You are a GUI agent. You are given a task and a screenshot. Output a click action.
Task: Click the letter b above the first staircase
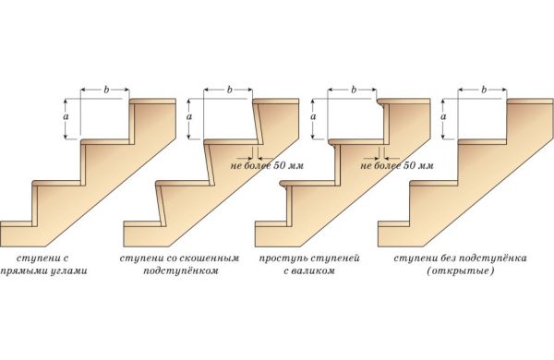[x=106, y=90]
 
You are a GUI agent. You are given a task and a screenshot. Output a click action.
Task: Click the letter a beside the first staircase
[x=66, y=116]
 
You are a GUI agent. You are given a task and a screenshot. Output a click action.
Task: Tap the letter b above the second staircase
[x=229, y=90]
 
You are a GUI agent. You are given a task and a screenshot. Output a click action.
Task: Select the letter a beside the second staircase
[x=189, y=116]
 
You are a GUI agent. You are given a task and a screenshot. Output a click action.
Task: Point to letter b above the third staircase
[x=354, y=90]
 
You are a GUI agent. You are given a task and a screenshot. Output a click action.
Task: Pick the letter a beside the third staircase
[x=313, y=116]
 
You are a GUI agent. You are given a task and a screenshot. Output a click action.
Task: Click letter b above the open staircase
[x=484, y=90]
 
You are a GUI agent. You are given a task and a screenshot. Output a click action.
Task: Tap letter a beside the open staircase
[x=444, y=116]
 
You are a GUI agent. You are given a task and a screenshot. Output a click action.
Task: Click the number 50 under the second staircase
[x=280, y=165]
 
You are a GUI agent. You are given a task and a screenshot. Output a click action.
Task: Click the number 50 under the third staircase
[x=409, y=165]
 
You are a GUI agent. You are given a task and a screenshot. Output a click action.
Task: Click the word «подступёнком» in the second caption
[x=181, y=271]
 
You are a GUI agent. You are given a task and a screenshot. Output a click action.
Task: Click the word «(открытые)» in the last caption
[x=460, y=271]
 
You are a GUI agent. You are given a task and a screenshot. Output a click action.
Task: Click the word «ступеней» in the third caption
[x=334, y=258]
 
